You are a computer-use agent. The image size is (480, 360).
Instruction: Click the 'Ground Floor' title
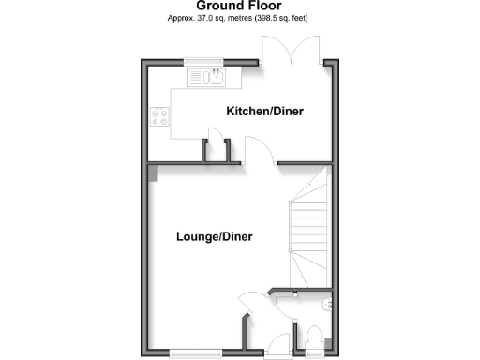click(240, 6)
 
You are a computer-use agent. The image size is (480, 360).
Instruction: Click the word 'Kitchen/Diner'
click(265, 112)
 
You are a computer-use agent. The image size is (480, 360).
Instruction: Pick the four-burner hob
click(159, 118)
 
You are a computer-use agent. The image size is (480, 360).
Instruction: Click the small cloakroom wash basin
click(325, 304)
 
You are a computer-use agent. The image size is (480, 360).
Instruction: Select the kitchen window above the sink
click(207, 63)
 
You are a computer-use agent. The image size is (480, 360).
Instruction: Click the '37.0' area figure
click(202, 19)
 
